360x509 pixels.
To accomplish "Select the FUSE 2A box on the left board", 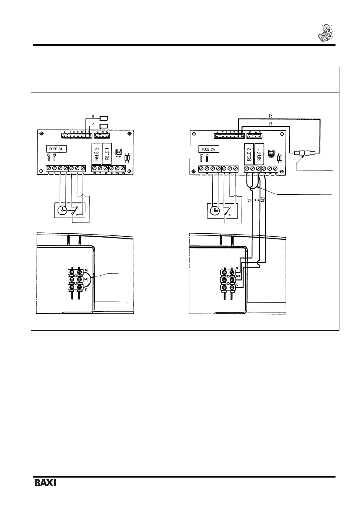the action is (x=56, y=149).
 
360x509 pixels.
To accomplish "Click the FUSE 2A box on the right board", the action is (x=209, y=149).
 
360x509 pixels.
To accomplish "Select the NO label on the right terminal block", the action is (x=238, y=276).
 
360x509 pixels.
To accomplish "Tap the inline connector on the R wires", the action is (x=304, y=153).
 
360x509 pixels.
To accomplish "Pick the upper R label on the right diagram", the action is (x=270, y=116).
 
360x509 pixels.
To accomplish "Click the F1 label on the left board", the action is (x=55, y=155).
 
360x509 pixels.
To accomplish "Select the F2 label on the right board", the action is (x=201, y=155).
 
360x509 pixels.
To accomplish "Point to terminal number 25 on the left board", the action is (x=123, y=173).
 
